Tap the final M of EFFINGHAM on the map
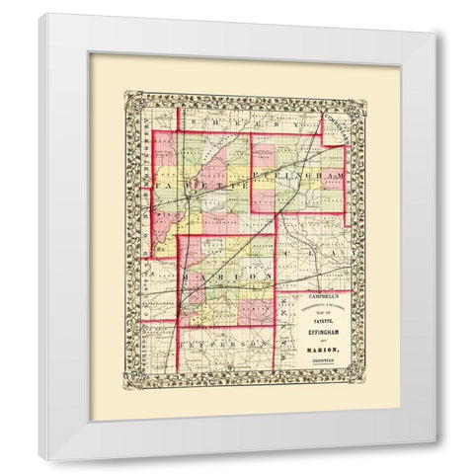click(341, 175)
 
